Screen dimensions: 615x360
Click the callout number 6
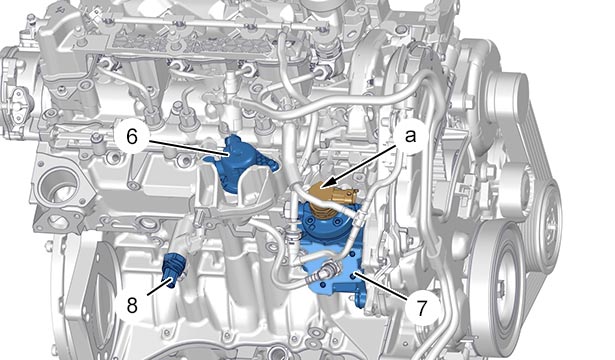click(132, 136)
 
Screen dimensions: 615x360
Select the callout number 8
click(132, 305)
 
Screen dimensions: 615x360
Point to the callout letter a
click(410, 136)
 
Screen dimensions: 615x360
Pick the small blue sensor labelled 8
click(173, 271)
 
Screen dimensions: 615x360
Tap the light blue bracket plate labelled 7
click(337, 278)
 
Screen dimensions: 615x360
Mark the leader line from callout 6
click(188, 148)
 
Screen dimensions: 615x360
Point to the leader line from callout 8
click(159, 287)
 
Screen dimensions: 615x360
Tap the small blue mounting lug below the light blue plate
click(360, 301)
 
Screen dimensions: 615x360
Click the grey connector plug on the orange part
click(348, 193)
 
